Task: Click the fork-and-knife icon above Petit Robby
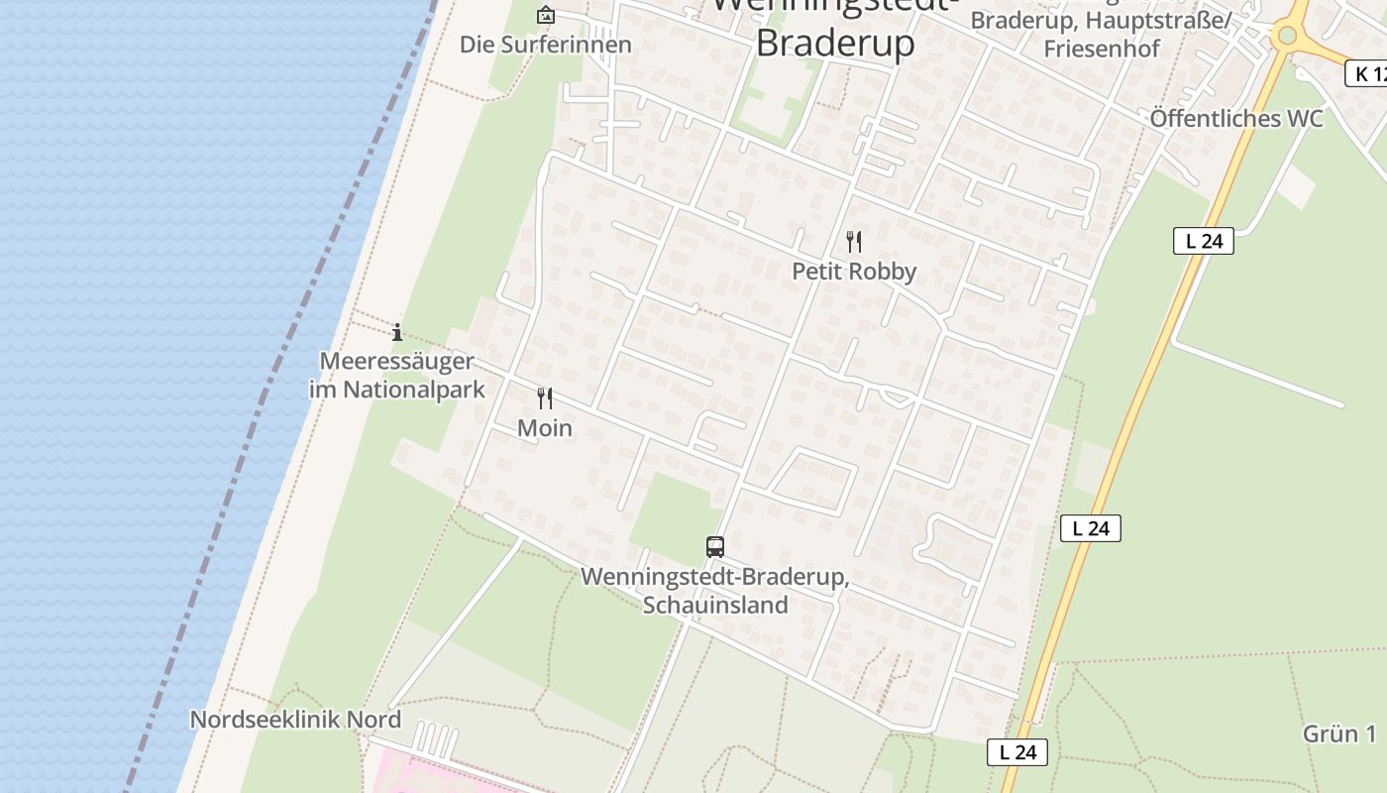[x=854, y=241]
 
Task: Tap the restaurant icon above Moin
[x=545, y=398]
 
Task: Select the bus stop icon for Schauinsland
[x=714, y=546]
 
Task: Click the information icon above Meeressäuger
[x=397, y=332]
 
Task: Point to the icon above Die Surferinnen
[x=545, y=15]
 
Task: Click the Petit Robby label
[x=854, y=271]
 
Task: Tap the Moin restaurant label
[x=545, y=428]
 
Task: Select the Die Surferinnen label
[x=545, y=45]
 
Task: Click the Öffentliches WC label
[x=1235, y=119]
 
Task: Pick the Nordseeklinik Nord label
[x=295, y=720]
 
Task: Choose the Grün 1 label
[x=1339, y=734]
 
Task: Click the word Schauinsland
[x=715, y=605]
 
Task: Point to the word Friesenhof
[x=1101, y=49]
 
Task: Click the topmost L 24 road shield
[x=1203, y=240]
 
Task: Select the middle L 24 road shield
[x=1090, y=528]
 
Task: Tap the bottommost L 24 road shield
[x=1017, y=752]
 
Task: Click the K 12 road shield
[x=1368, y=72]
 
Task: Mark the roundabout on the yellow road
[x=1287, y=36]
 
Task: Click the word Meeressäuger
[x=396, y=361]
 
